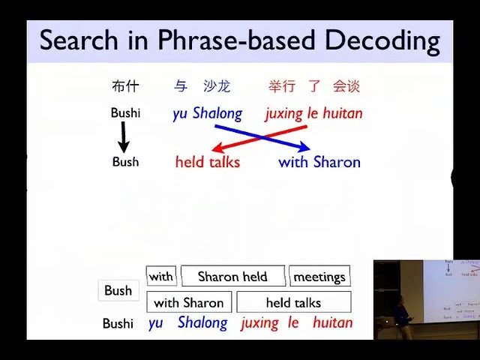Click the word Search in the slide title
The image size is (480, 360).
tap(75, 40)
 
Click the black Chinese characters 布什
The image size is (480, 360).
tap(125, 87)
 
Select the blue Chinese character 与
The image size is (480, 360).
tap(180, 87)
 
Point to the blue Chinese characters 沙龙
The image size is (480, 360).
tap(217, 87)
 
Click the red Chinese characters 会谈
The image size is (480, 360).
tap(346, 87)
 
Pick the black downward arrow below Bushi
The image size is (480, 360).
tap(124, 139)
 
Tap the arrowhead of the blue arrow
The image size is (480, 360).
tap(303, 148)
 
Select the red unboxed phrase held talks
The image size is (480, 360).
tap(208, 162)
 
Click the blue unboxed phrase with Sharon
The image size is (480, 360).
tap(319, 162)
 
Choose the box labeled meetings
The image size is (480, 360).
tap(319, 277)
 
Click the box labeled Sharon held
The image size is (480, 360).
tap(232, 277)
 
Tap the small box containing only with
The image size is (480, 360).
tap(160, 277)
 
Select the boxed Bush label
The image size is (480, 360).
tap(118, 291)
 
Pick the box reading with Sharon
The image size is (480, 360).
tap(188, 303)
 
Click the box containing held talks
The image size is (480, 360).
tap(293, 303)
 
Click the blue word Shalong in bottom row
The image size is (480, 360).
tap(202, 323)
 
